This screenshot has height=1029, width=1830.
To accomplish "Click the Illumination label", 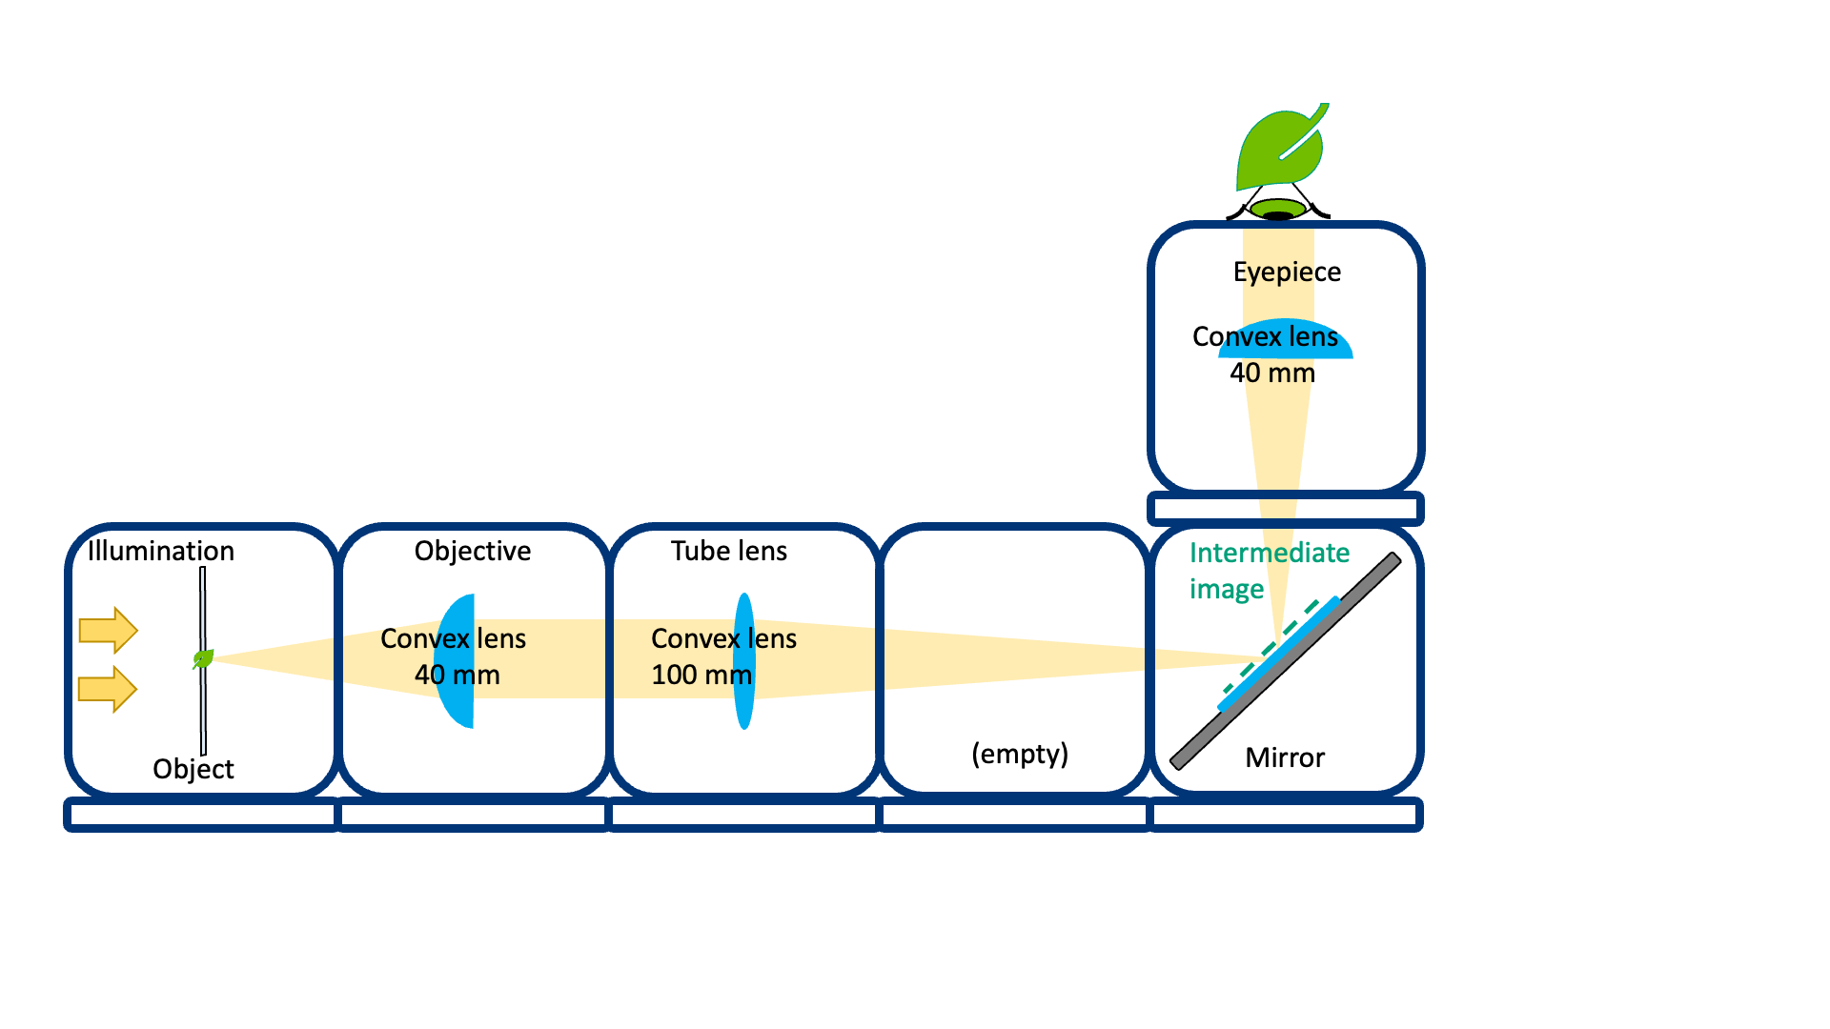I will point(160,551).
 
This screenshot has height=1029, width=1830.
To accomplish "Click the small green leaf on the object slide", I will point(203,658).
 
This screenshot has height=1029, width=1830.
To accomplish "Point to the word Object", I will point(193,769).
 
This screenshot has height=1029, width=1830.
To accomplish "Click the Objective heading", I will point(472,551).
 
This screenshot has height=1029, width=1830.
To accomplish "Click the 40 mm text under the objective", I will point(457,676).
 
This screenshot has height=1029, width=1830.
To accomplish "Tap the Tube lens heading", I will point(728,551).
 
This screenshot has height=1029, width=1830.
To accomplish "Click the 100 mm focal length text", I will point(701,676).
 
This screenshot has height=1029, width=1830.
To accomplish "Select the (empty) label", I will point(1019,754).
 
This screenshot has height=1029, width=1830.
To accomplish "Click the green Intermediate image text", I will point(1268,570).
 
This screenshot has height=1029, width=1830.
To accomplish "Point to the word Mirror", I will point(1284,757).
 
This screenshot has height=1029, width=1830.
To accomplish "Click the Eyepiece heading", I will point(1286,272).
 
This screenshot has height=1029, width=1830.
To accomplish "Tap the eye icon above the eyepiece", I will point(1278,209).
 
